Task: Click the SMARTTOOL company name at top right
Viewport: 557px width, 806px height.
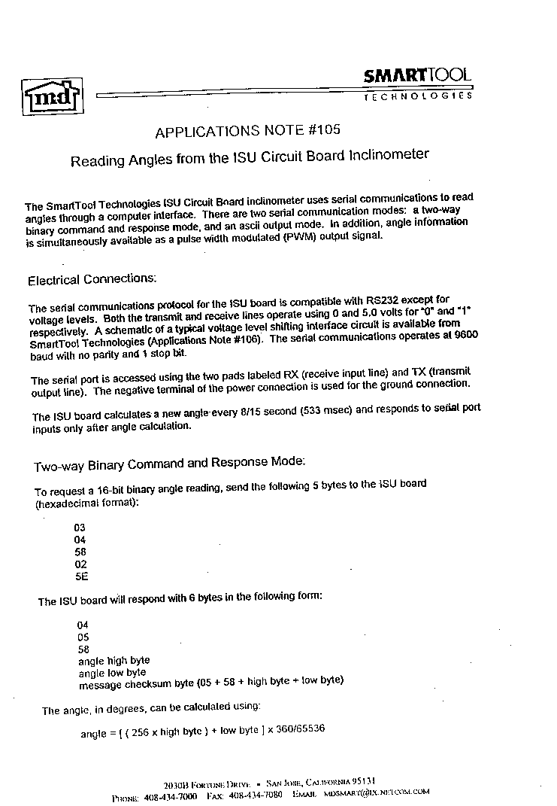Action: click(x=417, y=75)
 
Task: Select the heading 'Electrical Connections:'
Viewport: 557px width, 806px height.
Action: click(x=92, y=279)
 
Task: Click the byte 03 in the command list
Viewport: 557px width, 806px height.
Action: click(x=80, y=528)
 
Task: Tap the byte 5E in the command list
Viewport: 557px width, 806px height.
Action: click(x=81, y=577)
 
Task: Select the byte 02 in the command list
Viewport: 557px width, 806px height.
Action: click(x=81, y=564)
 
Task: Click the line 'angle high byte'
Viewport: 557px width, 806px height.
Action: click(x=114, y=661)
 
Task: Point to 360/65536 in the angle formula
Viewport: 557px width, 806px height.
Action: click(x=296, y=730)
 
